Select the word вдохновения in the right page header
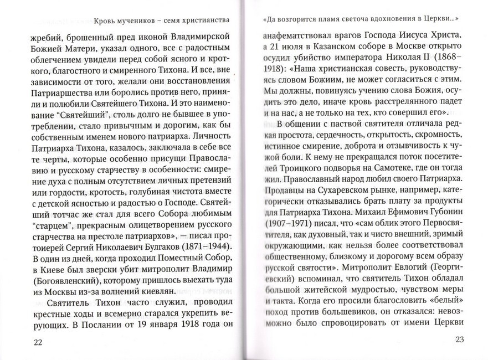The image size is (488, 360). pos(383,19)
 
